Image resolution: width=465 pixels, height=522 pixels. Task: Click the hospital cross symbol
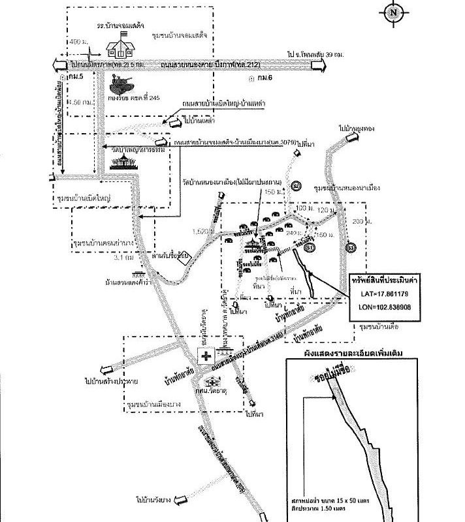[207, 356]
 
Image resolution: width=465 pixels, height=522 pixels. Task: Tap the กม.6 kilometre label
[262, 78]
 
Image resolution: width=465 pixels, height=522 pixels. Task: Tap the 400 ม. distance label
[77, 42]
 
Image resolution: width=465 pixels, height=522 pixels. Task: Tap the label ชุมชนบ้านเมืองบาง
[155, 406]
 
